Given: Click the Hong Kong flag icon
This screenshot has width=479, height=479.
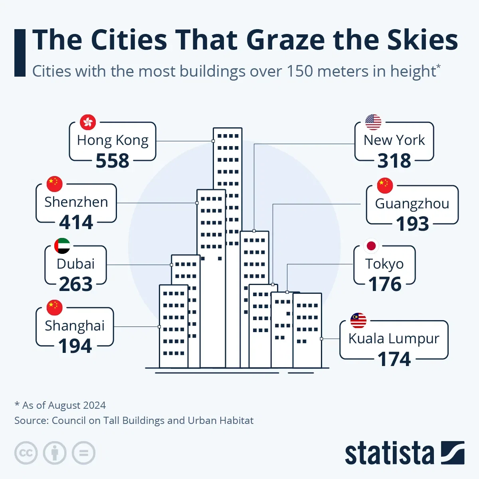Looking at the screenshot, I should click(x=88, y=122).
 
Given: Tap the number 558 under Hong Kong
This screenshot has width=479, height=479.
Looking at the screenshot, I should click(x=113, y=161).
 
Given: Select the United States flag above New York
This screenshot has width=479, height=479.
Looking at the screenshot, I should click(x=373, y=122).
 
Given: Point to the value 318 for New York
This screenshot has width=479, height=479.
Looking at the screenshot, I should click(x=394, y=161).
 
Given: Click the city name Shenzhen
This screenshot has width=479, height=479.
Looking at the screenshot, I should click(x=76, y=202).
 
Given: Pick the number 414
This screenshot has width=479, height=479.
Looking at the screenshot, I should click(x=76, y=222).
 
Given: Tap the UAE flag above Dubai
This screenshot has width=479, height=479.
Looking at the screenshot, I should click(x=62, y=246).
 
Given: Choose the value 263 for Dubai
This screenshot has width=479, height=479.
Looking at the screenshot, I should click(x=76, y=284).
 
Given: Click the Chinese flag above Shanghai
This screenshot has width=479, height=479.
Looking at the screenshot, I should click(x=55, y=308).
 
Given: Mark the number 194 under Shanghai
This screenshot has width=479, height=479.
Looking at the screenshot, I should click(x=75, y=346).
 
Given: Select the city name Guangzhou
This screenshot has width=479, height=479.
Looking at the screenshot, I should click(x=412, y=204).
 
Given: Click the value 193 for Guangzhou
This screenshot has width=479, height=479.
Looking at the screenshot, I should click(x=412, y=224).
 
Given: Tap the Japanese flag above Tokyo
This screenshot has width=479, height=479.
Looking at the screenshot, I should click(x=371, y=245).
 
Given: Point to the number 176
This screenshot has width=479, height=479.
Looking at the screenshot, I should click(x=385, y=284).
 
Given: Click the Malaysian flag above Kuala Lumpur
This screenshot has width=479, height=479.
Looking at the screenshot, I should click(x=358, y=321).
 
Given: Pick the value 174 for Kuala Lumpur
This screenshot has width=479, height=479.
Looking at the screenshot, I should click(x=394, y=359).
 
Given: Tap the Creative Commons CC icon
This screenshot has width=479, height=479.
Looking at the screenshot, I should click(x=26, y=453).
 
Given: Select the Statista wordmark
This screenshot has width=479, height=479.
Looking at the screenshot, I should click(x=389, y=453).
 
